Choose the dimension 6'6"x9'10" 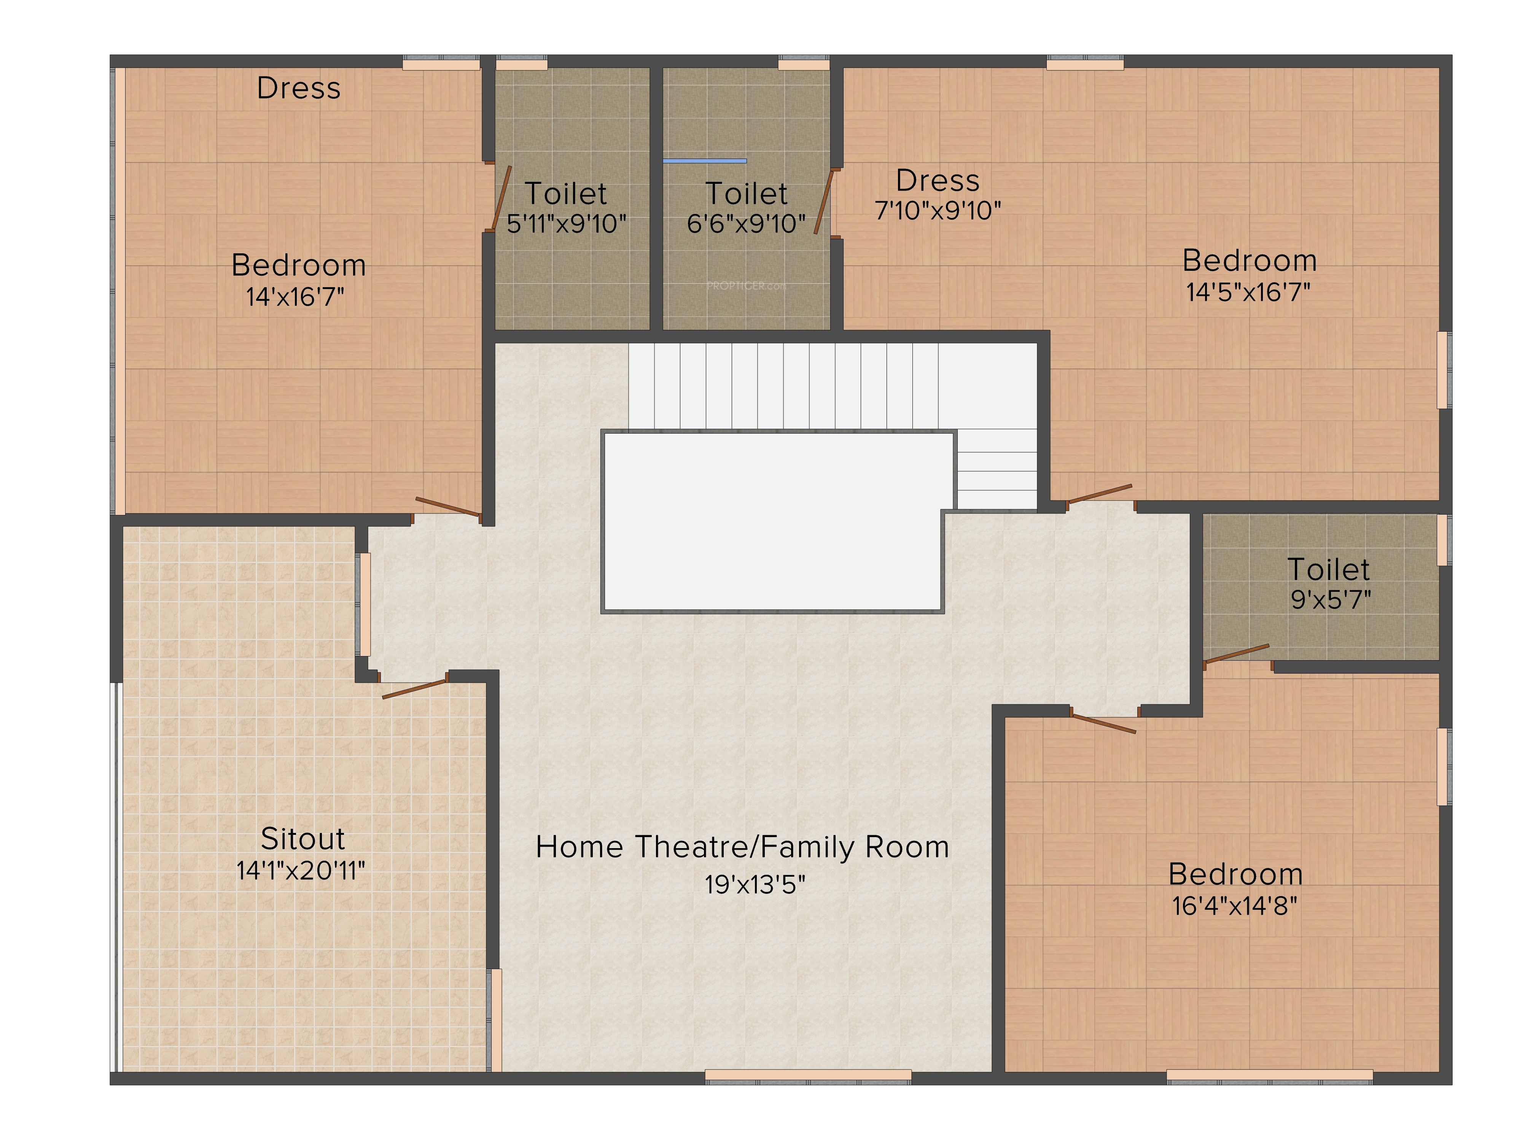coord(746,224)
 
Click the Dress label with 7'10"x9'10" coord(937,181)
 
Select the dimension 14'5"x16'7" coord(1248,292)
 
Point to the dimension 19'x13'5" coord(755,884)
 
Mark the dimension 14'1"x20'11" coord(301,871)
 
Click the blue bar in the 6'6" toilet coord(705,161)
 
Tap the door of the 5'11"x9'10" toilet coord(501,198)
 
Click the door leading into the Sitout coord(414,688)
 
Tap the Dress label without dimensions coord(299,88)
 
